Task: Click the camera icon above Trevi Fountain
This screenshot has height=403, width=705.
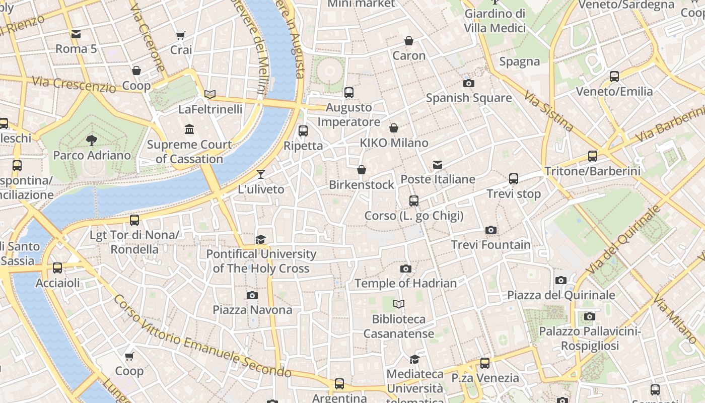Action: pyautogui.click(x=491, y=230)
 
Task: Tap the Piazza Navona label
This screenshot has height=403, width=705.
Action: pyautogui.click(x=252, y=310)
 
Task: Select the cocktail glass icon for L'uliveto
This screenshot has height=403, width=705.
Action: pyautogui.click(x=260, y=174)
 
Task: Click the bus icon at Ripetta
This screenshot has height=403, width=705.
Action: pyautogui.click(x=303, y=131)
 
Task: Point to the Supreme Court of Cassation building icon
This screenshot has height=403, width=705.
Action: pyautogui.click(x=189, y=129)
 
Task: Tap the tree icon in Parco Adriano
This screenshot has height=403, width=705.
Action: pyautogui.click(x=92, y=140)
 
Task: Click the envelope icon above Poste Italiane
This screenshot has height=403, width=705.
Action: pyautogui.click(x=438, y=165)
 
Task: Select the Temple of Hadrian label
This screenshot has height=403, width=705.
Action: pyautogui.click(x=406, y=283)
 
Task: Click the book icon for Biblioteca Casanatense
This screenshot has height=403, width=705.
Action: pyautogui.click(x=399, y=304)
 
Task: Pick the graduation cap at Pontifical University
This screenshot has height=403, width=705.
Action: pyautogui.click(x=260, y=239)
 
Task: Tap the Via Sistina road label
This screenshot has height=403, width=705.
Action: pyautogui.click(x=548, y=111)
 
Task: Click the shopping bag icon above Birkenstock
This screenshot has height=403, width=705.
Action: pyautogui.click(x=361, y=170)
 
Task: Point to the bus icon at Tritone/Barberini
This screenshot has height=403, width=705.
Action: pyautogui.click(x=593, y=156)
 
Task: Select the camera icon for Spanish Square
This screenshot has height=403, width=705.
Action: pyautogui.click(x=469, y=83)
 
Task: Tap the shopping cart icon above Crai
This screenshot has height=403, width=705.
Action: pyautogui.click(x=181, y=35)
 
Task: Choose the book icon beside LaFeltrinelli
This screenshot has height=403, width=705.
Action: pyautogui.click(x=210, y=94)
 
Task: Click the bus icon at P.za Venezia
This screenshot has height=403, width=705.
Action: pyautogui.click(x=485, y=363)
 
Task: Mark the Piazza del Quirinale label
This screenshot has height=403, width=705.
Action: pyautogui.click(x=561, y=295)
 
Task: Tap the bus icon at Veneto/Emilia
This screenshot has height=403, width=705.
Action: pyautogui.click(x=614, y=77)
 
